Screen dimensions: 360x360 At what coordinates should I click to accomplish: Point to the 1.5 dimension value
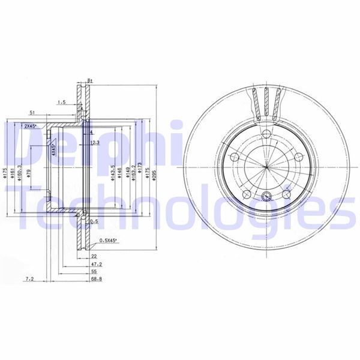click(61, 103)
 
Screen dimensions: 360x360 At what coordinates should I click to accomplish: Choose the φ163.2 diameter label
click(132, 172)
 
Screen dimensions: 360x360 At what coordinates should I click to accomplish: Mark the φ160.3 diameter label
click(20, 172)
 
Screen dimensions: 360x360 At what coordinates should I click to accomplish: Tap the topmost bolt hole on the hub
click(266, 133)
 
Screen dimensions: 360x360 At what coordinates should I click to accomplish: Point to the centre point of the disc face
click(265, 164)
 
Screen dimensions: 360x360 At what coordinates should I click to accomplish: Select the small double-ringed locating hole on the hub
click(267, 194)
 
